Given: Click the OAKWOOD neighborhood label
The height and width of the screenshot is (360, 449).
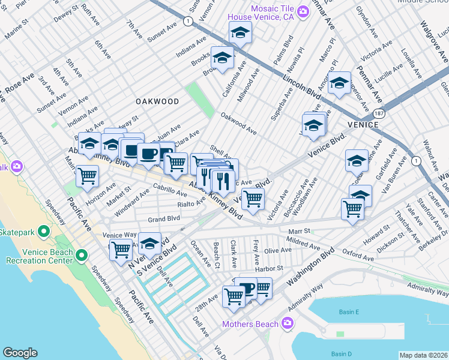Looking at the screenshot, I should coord(157,101).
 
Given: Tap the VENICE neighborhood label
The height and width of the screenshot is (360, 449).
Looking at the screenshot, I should coord(363,124).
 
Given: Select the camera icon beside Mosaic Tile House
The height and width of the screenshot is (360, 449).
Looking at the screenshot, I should coord(304,10).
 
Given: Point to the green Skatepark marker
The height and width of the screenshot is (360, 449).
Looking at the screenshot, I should coord(43,232).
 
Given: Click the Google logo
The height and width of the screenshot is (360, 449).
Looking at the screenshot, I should coord(20,353).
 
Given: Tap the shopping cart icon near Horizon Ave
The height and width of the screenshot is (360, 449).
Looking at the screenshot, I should coord(88,176).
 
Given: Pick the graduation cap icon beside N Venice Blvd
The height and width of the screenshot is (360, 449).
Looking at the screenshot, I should coord(150,244).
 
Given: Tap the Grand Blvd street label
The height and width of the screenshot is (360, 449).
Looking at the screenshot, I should coord(164,219).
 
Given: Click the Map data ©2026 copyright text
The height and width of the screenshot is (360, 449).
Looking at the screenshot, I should coord(423,355).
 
